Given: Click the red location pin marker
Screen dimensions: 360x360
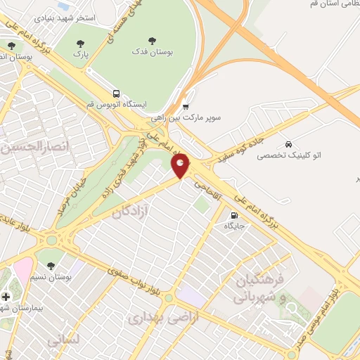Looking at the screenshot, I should click(181, 166).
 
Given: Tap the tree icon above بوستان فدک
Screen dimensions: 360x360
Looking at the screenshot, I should click(153, 40).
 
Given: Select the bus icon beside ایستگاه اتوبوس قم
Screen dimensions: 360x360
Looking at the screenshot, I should click(116, 94).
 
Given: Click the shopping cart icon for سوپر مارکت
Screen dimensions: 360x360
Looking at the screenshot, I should click(186, 107).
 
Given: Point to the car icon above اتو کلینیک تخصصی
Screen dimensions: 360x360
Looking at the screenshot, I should click(288, 143).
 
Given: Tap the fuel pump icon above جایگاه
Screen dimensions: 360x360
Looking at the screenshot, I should click(233, 215).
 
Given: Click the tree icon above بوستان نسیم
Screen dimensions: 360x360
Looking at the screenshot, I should click(51, 265).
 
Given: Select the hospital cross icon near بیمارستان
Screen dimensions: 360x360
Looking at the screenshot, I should click(6, 297).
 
